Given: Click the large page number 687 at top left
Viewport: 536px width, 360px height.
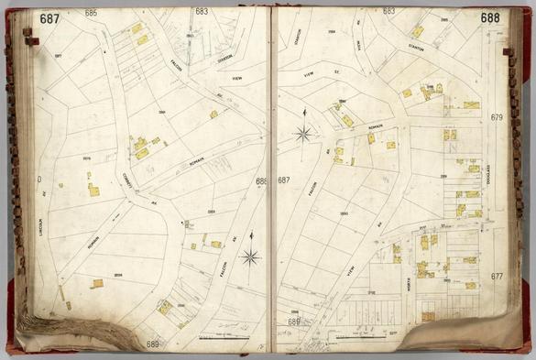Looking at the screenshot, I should point(49,18).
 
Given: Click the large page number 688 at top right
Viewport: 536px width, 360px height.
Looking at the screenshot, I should point(490,17).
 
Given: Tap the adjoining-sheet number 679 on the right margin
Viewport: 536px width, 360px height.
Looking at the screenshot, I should point(498,118).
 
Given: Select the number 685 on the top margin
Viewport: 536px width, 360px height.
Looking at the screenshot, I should point(91,13).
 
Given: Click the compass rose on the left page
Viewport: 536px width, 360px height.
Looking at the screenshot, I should point(250,256).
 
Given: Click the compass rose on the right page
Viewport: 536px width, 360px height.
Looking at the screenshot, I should point(301,135).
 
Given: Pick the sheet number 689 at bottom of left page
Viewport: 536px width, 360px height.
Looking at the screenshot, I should point(152,344).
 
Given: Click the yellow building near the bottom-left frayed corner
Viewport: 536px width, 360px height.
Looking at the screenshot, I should point(96,283).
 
